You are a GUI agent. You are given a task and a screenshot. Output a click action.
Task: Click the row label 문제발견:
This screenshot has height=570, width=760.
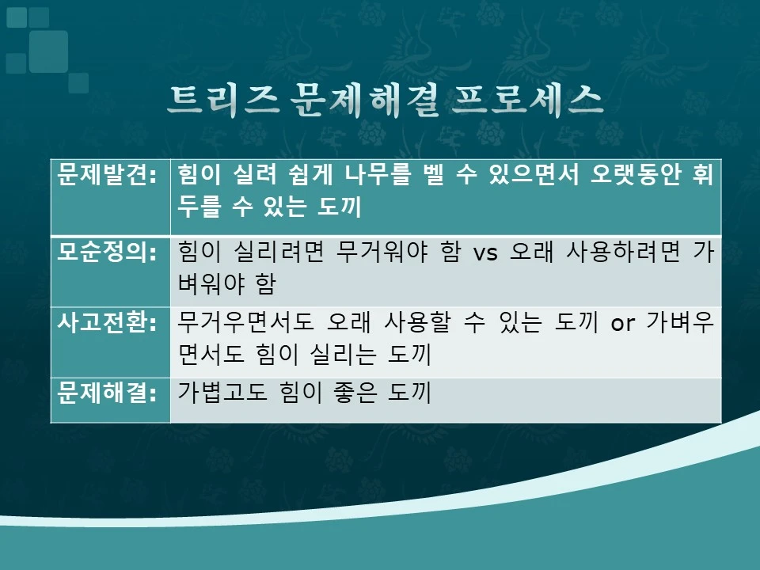click(x=109, y=175)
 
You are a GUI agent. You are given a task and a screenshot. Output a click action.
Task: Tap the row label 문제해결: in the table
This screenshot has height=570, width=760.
click(x=109, y=393)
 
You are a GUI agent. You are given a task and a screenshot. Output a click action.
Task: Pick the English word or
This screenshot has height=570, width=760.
click(x=621, y=325)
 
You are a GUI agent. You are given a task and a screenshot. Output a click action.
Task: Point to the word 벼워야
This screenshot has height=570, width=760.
click(x=209, y=284)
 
